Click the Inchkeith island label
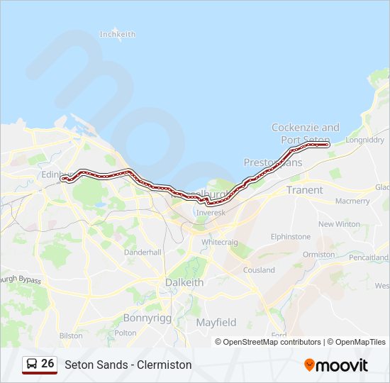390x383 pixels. tap(117, 34)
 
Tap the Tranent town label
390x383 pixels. tap(304, 190)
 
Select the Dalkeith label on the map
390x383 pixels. tap(184, 282)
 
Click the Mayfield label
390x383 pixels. tap(216, 322)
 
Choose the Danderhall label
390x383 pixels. tap(143, 252)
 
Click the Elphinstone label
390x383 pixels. tap(291, 236)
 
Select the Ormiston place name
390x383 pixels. tap(318, 254)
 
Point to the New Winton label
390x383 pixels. tap(339, 224)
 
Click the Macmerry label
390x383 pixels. tap(352, 201)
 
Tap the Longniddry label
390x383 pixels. tap(364, 140)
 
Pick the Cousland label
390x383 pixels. tap(259, 270)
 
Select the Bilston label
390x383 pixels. tap(71, 335)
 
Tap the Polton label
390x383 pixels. tap(126, 333)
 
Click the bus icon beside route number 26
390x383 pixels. tap(32, 364)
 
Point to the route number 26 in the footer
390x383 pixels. tap(48, 363)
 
